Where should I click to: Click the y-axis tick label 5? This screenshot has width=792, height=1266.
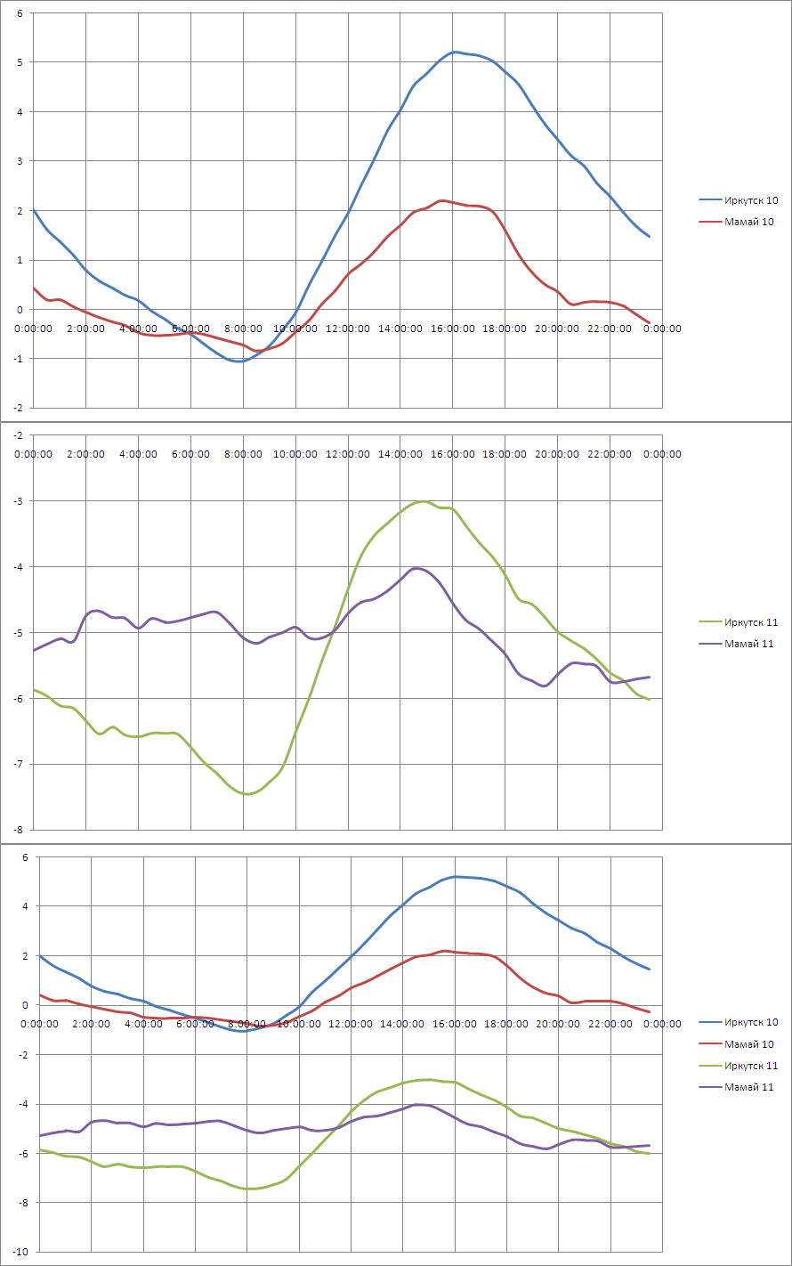pos(20,62)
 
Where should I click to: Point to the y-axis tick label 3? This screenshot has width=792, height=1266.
pos(20,161)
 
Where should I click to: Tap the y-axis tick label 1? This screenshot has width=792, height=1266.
pos(20,261)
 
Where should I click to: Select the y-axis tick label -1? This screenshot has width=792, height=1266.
pos(18,360)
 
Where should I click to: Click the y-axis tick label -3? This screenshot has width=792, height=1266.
pos(18,501)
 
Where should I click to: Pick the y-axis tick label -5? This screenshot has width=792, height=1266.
pos(18,633)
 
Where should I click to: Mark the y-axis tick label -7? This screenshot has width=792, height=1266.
pos(18,765)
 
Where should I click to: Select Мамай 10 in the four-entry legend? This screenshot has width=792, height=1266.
pos(751,1044)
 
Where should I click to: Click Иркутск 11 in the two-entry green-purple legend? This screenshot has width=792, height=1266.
pos(751,622)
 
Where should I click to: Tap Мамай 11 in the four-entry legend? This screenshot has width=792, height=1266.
pos(751,1087)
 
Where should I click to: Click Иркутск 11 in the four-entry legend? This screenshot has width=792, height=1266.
pos(751,1066)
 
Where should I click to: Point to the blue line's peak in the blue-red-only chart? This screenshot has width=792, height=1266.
pos(455,53)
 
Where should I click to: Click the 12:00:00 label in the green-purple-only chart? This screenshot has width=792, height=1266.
pos(348,454)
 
